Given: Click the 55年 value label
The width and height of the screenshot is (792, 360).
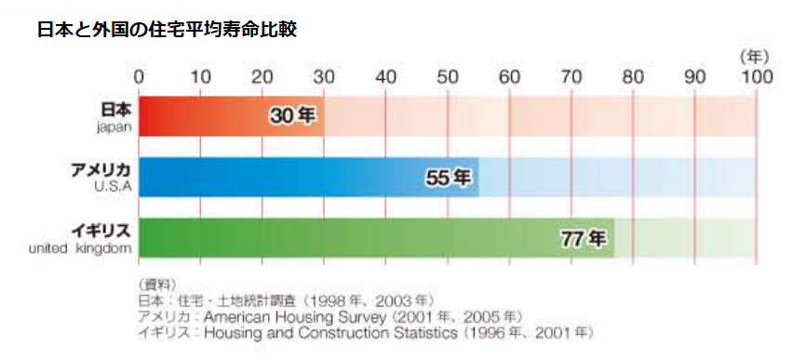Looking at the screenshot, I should (448, 178).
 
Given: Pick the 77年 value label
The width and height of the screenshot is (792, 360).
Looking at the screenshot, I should (583, 239).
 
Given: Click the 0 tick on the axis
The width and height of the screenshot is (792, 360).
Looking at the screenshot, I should (139, 77).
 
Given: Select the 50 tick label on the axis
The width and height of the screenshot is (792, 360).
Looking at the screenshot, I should (448, 77).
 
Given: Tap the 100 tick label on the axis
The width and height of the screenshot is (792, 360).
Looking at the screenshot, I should (756, 77).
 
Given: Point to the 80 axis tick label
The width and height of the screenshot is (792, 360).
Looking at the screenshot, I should (633, 77).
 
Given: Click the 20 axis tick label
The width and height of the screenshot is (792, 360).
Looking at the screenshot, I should (262, 77).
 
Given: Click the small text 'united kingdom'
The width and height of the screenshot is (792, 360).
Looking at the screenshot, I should (78, 248).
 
